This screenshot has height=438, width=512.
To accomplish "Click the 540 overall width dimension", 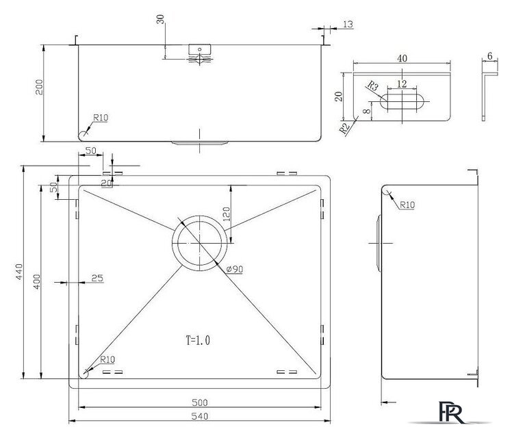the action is [x=199, y=416].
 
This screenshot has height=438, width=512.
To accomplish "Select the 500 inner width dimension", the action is [x=199, y=402].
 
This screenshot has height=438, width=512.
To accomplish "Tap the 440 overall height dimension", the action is [x=19, y=272].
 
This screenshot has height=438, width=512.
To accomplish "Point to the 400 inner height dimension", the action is [x=37, y=281].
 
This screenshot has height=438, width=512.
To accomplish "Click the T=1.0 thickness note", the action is [x=198, y=340].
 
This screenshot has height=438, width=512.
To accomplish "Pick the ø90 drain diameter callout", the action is [x=235, y=269].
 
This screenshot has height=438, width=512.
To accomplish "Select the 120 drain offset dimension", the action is [x=227, y=214].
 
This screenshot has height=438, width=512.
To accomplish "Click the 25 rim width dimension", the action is [x=97, y=278].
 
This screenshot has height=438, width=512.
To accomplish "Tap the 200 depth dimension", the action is [x=39, y=87].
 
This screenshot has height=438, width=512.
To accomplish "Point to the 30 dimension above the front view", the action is [x=160, y=19].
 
